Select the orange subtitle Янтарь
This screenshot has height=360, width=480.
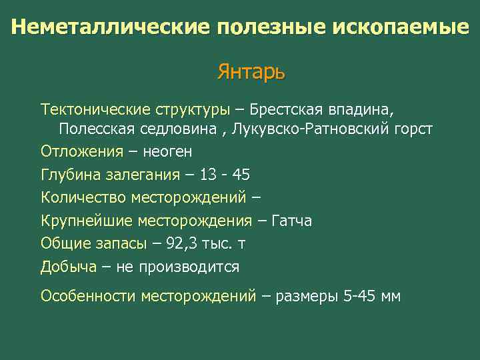pos(251,71)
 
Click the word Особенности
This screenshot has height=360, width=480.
pos(87,296)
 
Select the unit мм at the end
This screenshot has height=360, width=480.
pos(390,296)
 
